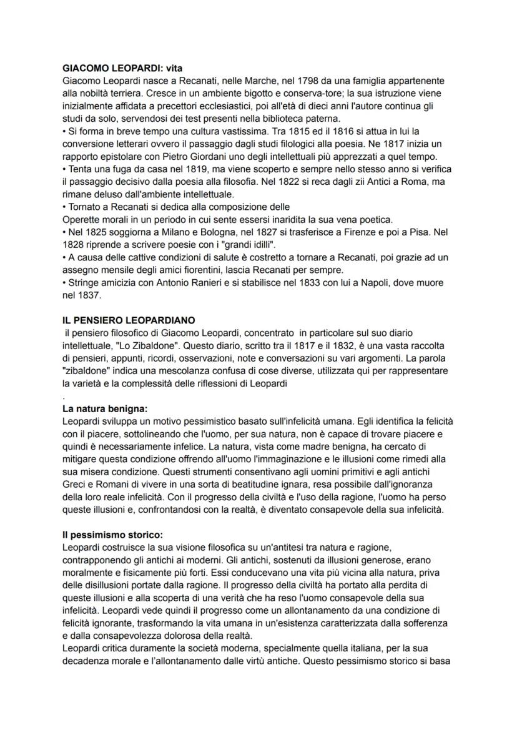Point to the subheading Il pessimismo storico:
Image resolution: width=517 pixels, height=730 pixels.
click(112, 535)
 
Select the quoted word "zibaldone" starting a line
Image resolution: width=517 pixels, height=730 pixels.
click(87, 371)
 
